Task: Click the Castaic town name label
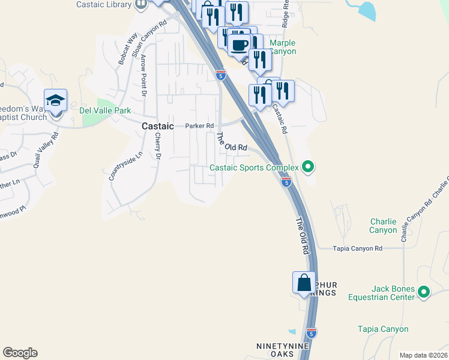point(158,127)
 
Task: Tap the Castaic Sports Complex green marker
point(308,167)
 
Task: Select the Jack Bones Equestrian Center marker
point(424,293)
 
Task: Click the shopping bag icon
point(304,283)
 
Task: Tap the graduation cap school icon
point(55,101)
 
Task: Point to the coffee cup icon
point(240,45)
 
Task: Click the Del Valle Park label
point(105,110)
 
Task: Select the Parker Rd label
point(199,126)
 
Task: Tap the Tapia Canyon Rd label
point(358,248)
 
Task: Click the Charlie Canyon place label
point(383,226)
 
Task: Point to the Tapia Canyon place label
point(383,329)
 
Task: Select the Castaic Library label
point(104,4)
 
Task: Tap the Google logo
point(20,353)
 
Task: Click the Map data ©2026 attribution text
point(423,355)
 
